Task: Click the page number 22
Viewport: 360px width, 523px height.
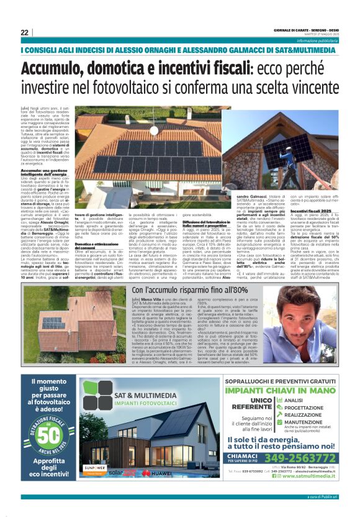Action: [24, 32]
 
